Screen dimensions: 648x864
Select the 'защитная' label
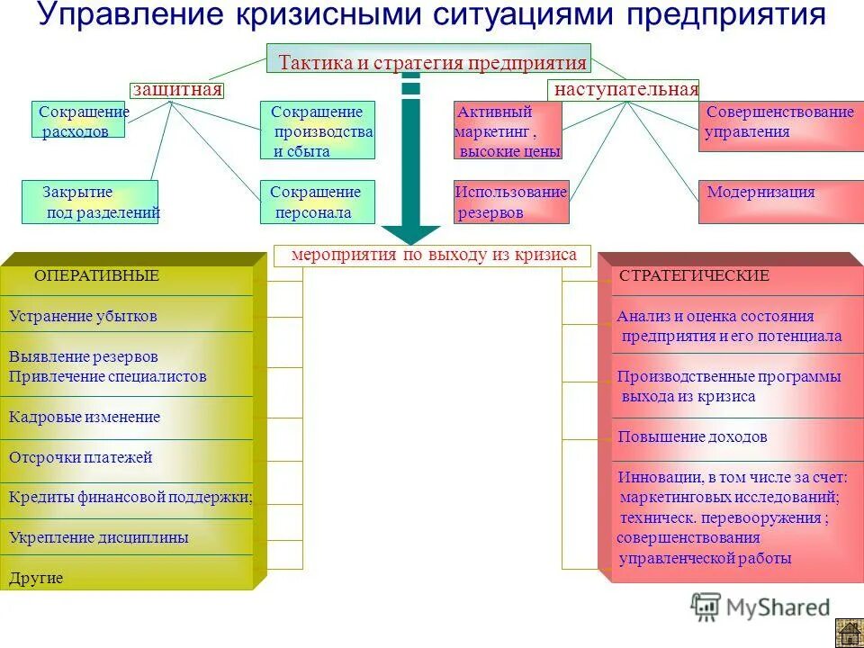(176, 90)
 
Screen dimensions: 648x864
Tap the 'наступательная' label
(624, 90)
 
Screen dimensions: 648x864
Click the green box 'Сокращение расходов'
(79, 121)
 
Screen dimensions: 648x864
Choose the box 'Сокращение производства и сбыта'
(318, 130)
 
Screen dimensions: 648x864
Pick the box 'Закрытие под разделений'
(90, 202)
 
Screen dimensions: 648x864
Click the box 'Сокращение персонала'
(318, 202)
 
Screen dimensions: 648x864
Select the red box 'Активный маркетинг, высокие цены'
(508, 130)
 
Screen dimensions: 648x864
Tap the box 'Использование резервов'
(511, 202)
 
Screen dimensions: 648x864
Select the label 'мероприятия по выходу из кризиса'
(432, 256)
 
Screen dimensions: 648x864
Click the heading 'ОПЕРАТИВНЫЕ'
(96, 276)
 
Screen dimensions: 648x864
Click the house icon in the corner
(848, 633)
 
